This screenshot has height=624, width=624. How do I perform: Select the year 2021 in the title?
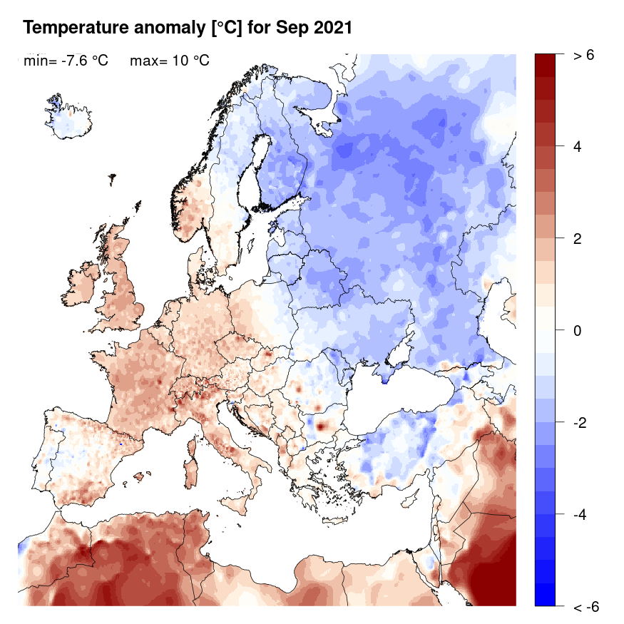coord(332,28)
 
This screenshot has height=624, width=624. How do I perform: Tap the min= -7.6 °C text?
coord(66,61)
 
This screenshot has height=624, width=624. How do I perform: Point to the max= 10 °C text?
coord(170,61)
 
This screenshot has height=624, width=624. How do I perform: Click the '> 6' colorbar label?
coord(583,56)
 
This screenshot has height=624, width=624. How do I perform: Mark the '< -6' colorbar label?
coord(585,607)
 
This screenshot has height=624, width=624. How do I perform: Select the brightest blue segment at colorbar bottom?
coord(546,595)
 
